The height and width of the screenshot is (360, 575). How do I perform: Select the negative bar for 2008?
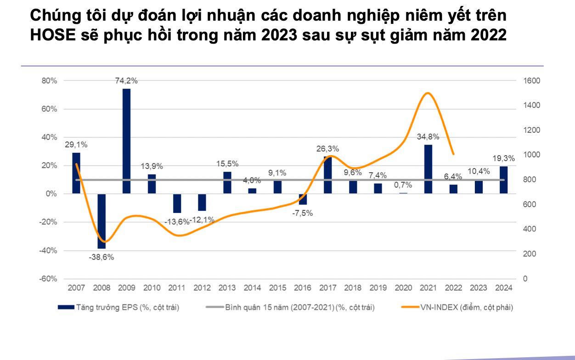(x=101, y=221)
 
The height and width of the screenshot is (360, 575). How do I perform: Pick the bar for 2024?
(x=504, y=180)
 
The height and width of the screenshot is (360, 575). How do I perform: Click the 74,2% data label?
(x=126, y=81)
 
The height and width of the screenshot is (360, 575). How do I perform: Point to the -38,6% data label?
(x=101, y=257)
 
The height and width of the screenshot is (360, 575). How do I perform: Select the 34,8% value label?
(x=428, y=136)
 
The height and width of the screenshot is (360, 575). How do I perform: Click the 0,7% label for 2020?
(x=403, y=185)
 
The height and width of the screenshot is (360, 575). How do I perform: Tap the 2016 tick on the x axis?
(x=302, y=288)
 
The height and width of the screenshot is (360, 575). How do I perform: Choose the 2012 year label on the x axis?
(x=202, y=288)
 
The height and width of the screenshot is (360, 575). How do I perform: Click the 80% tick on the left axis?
(x=49, y=81)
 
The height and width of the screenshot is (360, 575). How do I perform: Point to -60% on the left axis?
(x=48, y=279)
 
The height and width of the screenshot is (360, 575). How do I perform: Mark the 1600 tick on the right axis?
(x=532, y=81)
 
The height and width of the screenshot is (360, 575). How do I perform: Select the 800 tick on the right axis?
(x=530, y=180)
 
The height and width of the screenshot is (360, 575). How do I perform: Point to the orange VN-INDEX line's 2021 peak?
(x=428, y=93)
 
